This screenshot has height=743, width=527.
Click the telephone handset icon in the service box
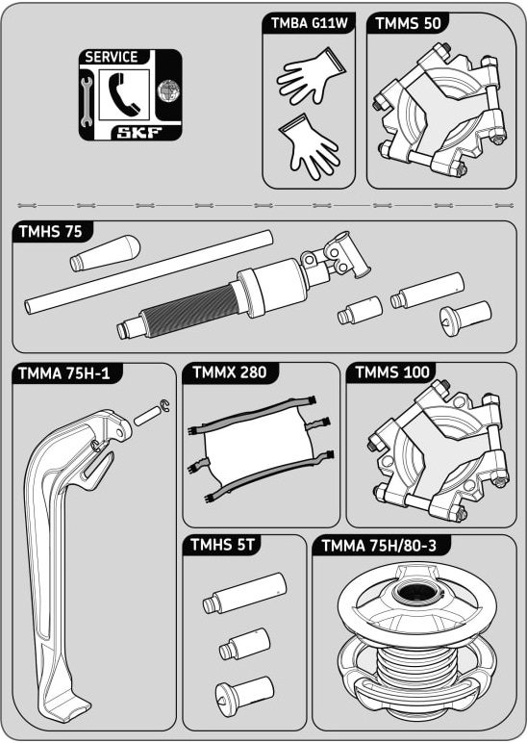[124, 94]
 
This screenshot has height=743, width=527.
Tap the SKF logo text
[139, 133]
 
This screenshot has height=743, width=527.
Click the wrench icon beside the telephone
[86, 103]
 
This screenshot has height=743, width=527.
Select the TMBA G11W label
[310, 23]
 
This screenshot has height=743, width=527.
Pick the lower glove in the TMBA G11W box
[308, 146]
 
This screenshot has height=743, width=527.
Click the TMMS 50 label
[408, 23]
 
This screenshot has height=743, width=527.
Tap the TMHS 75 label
[51, 232]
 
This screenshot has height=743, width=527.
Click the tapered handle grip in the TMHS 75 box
[105, 252]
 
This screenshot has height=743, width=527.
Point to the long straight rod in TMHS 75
[149, 271]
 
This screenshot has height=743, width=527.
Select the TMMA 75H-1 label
[64, 373]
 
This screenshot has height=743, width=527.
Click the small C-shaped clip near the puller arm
[164, 406]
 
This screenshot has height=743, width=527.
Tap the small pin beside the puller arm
[148, 416]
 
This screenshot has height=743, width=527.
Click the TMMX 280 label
[230, 371]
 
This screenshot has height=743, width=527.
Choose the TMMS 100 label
[392, 372]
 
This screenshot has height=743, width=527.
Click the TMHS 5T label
[222, 545]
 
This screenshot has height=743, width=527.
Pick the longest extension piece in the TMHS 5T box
[245, 593]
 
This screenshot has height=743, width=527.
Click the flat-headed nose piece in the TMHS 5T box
[245, 693]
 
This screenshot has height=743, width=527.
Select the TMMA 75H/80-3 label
[379, 546]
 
